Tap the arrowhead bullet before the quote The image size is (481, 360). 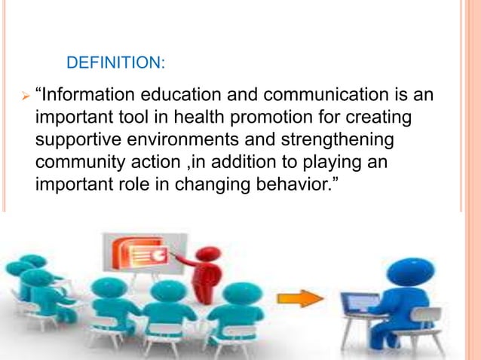23,96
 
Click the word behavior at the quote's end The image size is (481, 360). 293,184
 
